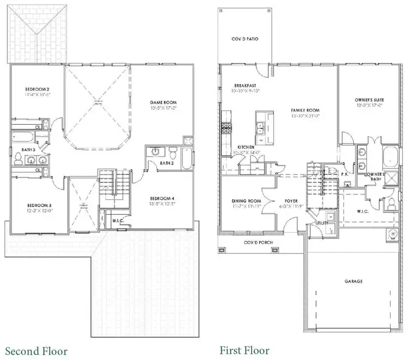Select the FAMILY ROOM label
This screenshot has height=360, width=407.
tap(305, 110)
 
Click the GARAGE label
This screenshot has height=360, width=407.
tap(353, 281)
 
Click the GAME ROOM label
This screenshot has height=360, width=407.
tap(162, 103)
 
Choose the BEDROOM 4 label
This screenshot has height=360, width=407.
tap(162, 199)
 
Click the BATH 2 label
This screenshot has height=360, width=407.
tap(167, 163)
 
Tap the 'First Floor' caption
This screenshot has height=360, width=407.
tap(244, 350)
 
